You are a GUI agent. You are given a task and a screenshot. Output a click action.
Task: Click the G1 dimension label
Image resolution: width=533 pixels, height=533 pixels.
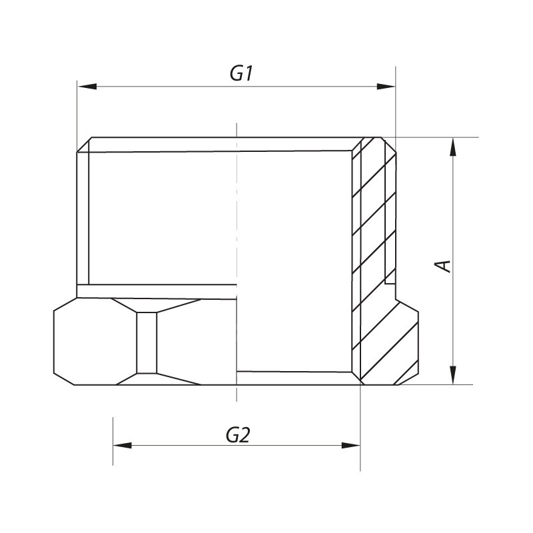[241, 73]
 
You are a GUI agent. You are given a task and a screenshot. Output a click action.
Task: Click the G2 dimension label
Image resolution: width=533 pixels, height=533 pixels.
[238, 435]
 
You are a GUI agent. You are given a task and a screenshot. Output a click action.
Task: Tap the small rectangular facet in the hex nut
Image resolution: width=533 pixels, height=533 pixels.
[147, 342]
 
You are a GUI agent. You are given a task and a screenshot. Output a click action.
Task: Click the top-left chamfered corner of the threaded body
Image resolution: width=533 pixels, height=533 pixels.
[83, 145]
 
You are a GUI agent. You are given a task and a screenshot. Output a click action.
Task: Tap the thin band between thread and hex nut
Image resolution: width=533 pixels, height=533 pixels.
[157, 291]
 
